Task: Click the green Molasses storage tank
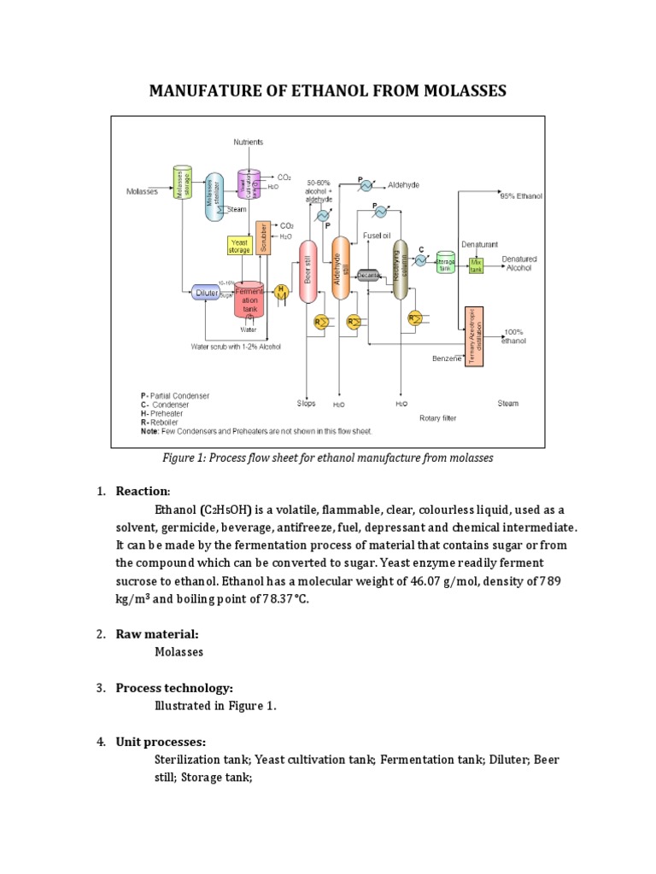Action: (181, 183)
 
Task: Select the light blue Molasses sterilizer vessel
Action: (212, 196)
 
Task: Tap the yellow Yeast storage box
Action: (239, 246)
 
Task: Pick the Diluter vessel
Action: (206, 293)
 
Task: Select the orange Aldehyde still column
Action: (340, 268)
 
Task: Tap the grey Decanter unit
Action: (368, 275)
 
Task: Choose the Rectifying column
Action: (400, 270)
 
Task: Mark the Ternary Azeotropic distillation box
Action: (474, 336)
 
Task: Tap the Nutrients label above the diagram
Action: (249, 142)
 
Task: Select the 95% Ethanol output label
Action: (521, 196)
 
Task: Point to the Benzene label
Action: (447, 358)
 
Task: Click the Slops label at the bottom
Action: (306, 403)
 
